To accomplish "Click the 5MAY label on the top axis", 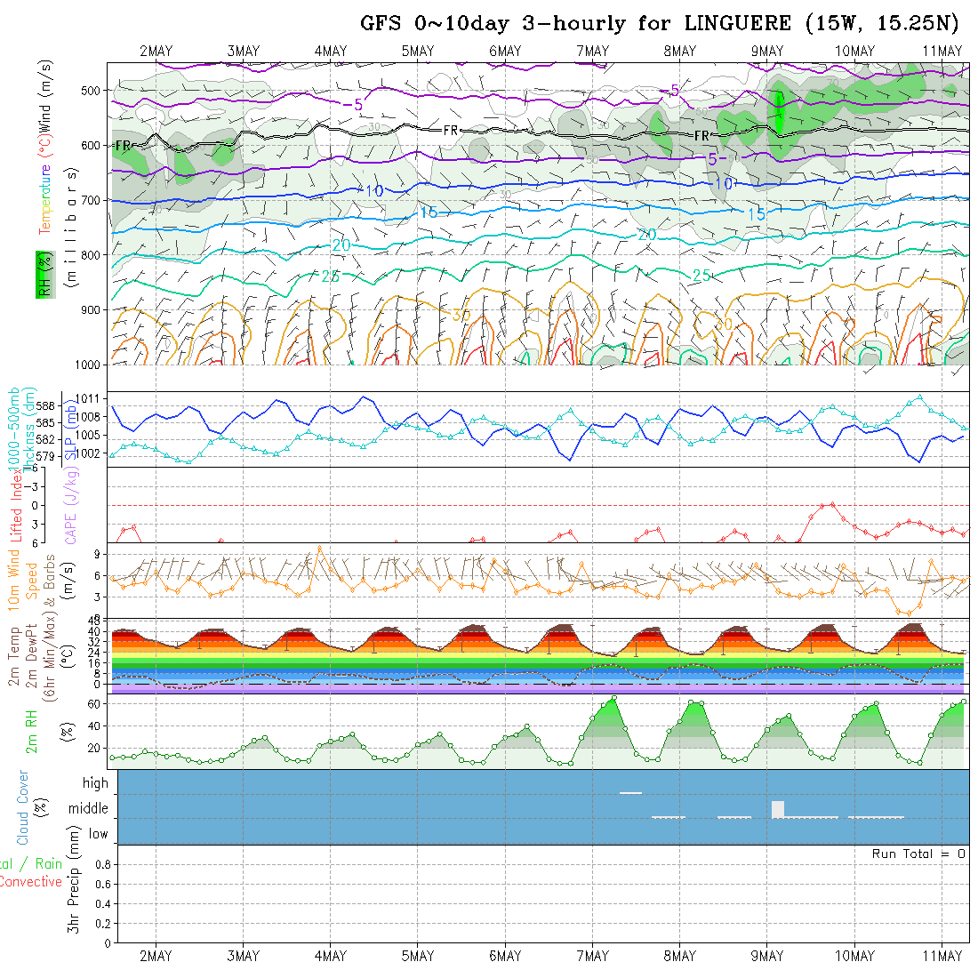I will (x=417, y=51).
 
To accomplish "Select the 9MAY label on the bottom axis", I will (x=766, y=956).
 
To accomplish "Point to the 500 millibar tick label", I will (x=93, y=90).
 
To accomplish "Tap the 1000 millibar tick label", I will (x=89, y=365).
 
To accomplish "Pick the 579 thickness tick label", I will (x=48, y=456).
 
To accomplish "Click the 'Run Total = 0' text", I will (x=918, y=854).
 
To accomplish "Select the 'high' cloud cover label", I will (x=95, y=783).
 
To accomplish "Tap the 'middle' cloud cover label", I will (x=88, y=809).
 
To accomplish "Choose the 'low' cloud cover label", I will (x=98, y=834).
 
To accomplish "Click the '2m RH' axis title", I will (x=32, y=731).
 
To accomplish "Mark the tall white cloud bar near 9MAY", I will (x=778, y=809).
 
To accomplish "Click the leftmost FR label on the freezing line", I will (x=123, y=145).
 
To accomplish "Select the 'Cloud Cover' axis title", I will (x=23, y=807).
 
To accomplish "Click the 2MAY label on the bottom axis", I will (x=156, y=956).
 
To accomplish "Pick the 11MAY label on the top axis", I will (x=942, y=51).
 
